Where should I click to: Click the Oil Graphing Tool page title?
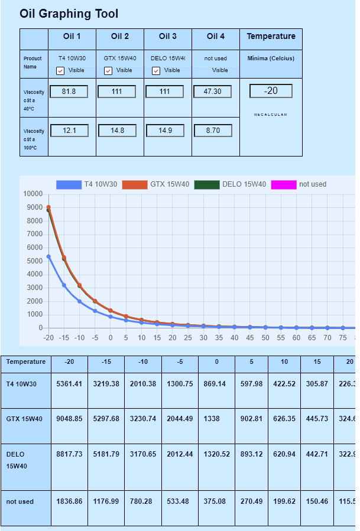coord(69,14)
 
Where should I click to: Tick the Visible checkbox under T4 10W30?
coord(60,71)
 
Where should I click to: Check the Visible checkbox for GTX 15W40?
coord(108,71)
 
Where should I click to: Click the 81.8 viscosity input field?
coord(69,92)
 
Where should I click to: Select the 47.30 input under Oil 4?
coord(212,92)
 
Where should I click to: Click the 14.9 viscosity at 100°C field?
coord(164,131)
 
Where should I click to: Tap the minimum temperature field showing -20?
coord(271,91)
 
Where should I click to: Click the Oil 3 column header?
coord(168,37)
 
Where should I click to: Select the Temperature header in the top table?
coord(271,37)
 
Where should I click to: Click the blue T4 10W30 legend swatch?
coord(69,185)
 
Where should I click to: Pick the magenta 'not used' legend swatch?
coord(283,185)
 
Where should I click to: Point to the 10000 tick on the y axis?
coord(33,194)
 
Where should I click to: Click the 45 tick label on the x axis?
coord(249,338)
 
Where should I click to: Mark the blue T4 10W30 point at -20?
coord(48,256)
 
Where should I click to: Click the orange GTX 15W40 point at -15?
coord(64,258)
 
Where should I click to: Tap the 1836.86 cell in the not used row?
coord(69,501)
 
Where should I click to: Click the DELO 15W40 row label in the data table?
coord(16,460)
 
